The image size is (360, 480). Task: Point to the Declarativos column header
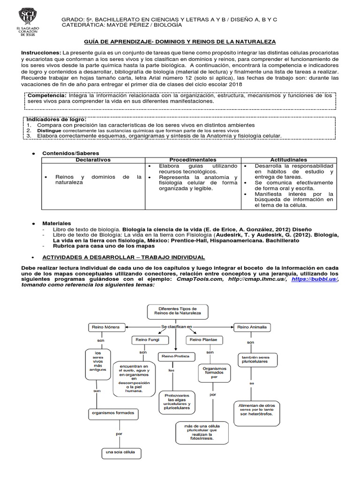point(93,160)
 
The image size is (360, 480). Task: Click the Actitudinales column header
point(289,160)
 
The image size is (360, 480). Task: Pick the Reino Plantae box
point(203,339)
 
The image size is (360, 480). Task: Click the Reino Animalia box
point(253,326)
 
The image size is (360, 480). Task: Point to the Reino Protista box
point(176,356)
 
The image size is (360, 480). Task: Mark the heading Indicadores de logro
point(56,120)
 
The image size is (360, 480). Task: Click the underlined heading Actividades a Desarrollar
point(123,257)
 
